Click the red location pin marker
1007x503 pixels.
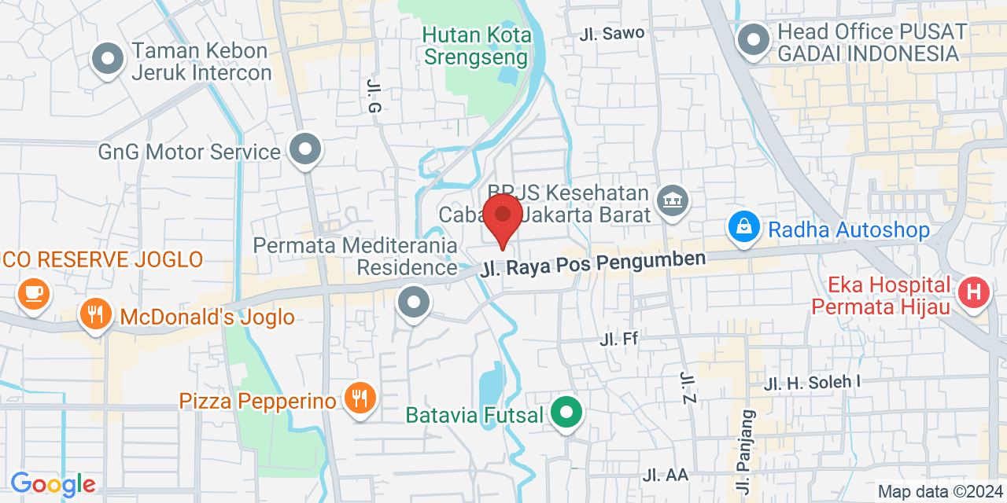click(503, 216)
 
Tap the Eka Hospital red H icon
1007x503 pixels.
click(974, 293)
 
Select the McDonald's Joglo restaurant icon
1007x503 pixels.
click(95, 314)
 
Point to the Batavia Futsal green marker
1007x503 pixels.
click(565, 412)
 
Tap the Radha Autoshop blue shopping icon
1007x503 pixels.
click(743, 227)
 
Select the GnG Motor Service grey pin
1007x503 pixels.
click(304, 149)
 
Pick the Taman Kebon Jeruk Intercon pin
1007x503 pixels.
click(108, 58)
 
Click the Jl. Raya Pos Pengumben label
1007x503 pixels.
click(593, 263)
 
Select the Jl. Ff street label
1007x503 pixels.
click(618, 340)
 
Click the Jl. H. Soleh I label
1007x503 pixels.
click(813, 383)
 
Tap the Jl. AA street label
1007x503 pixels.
click(665, 475)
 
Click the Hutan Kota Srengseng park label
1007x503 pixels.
click(476, 46)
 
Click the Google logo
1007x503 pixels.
click(53, 483)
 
